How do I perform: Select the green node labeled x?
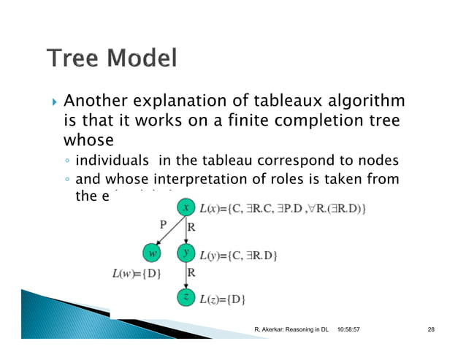tap(186, 208)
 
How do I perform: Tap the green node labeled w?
tap(152, 253)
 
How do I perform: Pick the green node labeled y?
tap(186, 253)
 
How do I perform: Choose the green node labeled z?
tap(186, 298)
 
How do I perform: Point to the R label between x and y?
tap(192, 228)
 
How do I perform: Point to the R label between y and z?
tap(192, 272)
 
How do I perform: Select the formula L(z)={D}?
tap(223, 299)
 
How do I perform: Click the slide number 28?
tap(431, 331)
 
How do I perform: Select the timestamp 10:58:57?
tap(354, 331)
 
